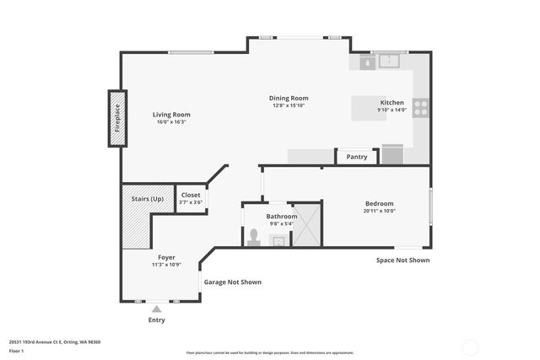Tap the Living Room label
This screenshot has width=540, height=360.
click(171, 115)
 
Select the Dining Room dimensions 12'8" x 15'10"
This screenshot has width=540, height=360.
click(289, 106)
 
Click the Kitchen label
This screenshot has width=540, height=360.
click(391, 102)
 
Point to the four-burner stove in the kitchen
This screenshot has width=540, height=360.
click(420, 107)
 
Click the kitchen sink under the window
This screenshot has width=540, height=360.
click(389, 62)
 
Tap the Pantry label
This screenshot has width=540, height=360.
click(357, 157)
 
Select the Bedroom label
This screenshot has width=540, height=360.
click(379, 203)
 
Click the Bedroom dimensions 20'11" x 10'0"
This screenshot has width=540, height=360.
click(379, 212)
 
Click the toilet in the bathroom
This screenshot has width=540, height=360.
click(253, 237)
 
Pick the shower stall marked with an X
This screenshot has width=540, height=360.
click(306, 224)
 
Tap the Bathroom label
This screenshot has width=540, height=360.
click(282, 217)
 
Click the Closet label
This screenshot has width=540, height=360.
click(192, 195)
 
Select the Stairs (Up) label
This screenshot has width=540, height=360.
click(147, 199)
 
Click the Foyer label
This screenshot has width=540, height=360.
click(166, 257)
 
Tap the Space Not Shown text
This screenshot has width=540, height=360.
click(402, 261)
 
